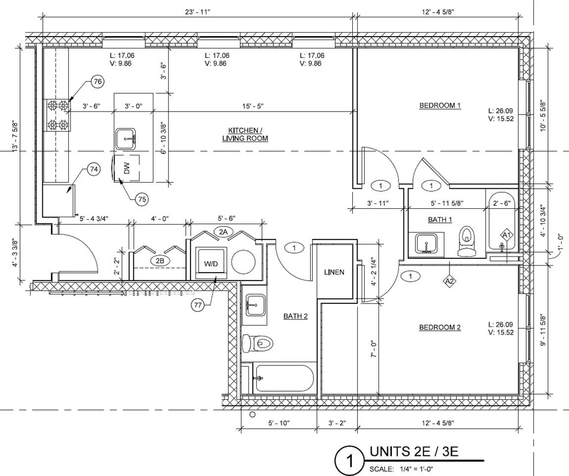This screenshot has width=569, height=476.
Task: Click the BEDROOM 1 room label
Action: [440, 106]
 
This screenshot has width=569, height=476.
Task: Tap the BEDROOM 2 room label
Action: [440, 328]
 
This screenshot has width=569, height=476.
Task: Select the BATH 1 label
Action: [440, 219]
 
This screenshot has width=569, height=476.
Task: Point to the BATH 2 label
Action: [296, 317]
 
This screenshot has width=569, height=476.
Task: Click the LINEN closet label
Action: [334, 272]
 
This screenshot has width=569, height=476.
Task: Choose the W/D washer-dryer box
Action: [211, 263]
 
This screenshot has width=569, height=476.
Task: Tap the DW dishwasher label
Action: [127, 168]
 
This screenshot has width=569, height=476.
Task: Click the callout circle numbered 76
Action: [98, 82]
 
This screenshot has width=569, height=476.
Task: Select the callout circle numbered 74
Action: [94, 169]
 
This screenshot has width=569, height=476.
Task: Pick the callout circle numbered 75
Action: [142, 199]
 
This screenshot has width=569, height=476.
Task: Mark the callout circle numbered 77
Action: [198, 305]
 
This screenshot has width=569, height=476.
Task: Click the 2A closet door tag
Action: [223, 232]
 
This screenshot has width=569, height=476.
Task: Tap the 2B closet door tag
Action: [160, 261]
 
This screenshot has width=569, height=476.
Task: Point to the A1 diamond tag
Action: [507, 235]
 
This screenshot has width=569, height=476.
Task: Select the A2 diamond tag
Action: [450, 280]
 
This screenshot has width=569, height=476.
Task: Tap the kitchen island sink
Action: [126, 139]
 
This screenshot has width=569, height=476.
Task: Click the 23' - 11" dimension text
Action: [198, 12]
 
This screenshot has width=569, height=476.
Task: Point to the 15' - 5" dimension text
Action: [253, 106]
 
